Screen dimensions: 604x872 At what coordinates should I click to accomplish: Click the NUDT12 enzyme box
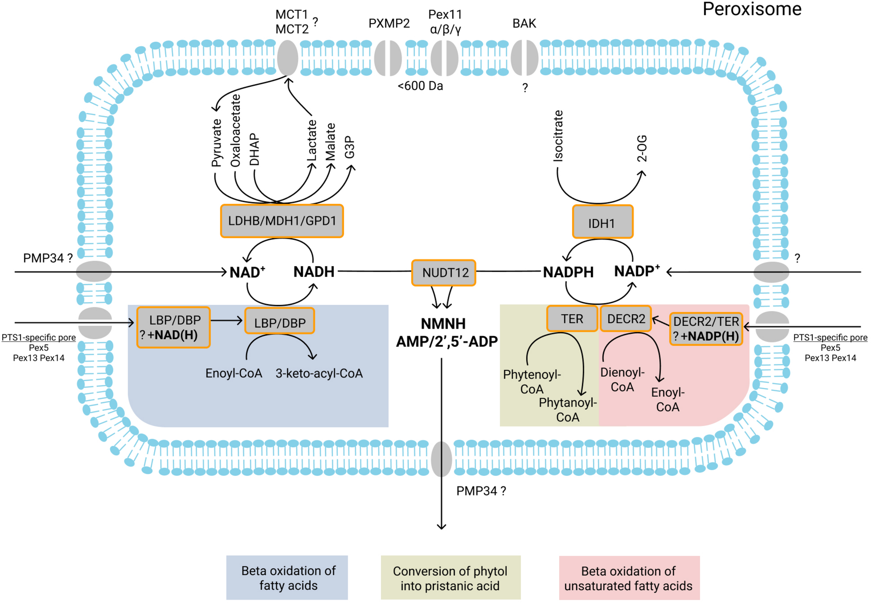click(x=443, y=272)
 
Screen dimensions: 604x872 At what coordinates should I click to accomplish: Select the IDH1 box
click(x=602, y=222)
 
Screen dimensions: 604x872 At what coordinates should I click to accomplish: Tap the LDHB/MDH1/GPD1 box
click(x=282, y=221)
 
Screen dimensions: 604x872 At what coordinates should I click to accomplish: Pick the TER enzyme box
click(x=572, y=319)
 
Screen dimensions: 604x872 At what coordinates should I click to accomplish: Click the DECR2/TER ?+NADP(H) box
click(x=706, y=329)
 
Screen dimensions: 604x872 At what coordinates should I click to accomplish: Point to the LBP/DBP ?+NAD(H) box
click(x=174, y=327)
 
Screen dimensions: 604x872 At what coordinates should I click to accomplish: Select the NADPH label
click(x=568, y=272)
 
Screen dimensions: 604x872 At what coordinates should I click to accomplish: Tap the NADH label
click(x=314, y=272)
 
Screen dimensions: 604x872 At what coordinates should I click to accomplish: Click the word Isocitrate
click(x=558, y=136)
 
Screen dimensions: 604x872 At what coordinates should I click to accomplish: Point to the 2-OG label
click(x=641, y=148)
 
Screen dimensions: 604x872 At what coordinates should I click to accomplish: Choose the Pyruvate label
click(x=216, y=143)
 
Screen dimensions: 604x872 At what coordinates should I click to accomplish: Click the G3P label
click(x=349, y=147)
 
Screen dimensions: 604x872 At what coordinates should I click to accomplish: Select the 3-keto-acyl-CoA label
click(x=319, y=373)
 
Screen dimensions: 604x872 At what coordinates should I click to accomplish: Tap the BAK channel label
click(x=524, y=23)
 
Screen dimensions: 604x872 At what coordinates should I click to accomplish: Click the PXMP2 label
click(x=389, y=23)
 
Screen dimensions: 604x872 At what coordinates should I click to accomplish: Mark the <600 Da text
click(x=420, y=86)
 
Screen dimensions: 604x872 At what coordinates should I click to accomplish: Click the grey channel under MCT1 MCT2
click(x=288, y=58)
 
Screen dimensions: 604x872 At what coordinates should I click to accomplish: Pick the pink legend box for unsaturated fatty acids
click(x=629, y=578)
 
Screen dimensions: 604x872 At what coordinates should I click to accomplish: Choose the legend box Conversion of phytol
click(x=450, y=578)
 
